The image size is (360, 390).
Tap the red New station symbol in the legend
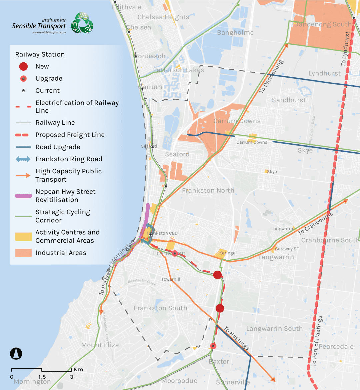click(x=23, y=66)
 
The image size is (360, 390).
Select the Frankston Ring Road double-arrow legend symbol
click(x=23, y=159)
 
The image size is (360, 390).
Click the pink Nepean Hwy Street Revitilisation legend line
click(x=23, y=196)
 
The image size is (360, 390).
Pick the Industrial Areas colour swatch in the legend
click(x=23, y=253)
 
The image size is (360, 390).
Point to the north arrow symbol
click(x=16, y=353)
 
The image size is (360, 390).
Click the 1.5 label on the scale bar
click(x=42, y=377)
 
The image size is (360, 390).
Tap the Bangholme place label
click(x=235, y=33)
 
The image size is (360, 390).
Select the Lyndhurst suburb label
click(x=324, y=73)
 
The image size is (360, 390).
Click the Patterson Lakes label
click(x=178, y=70)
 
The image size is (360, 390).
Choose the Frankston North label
click(x=208, y=190)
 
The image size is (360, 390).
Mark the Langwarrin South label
click(x=274, y=329)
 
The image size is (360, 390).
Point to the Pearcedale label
click(x=336, y=347)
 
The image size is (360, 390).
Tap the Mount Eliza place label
click(x=100, y=345)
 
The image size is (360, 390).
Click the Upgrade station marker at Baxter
click(x=213, y=346)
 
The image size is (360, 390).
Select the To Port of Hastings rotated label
click(x=317, y=342)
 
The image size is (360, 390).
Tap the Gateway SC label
click(x=287, y=249)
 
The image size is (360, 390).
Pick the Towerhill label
click(x=171, y=279)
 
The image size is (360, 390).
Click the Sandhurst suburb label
click(x=289, y=100)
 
